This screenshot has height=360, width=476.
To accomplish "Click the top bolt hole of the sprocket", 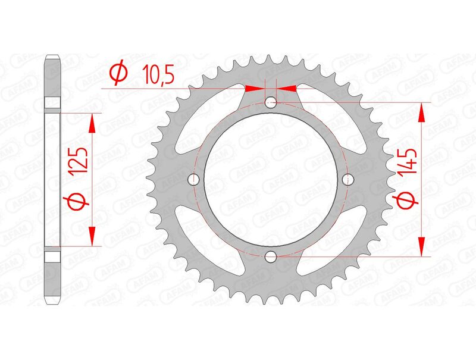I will click(x=271, y=102).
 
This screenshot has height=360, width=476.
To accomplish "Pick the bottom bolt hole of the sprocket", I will click(x=271, y=256).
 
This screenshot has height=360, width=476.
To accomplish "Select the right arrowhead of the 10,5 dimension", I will click(x=287, y=88).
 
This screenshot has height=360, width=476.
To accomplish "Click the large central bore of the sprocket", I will click(x=271, y=180).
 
